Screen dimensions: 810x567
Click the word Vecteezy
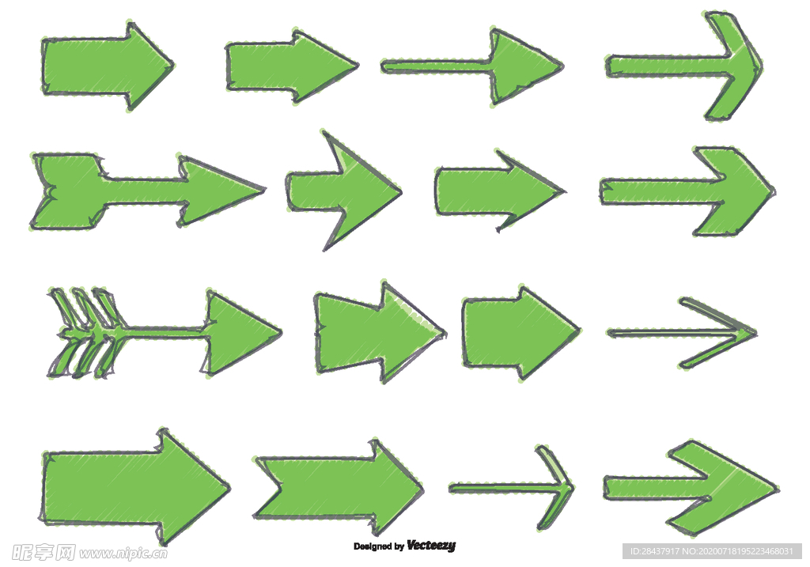click(x=431, y=546)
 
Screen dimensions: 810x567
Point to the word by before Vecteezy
click(x=399, y=546)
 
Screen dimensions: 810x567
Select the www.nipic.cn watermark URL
click(x=123, y=553)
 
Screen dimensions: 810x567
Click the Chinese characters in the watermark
click(x=44, y=552)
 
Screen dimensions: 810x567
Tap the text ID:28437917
click(x=655, y=551)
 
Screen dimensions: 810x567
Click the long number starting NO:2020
click(x=738, y=551)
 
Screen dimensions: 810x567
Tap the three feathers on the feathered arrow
click(x=87, y=333)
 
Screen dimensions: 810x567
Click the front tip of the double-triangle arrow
click(x=445, y=334)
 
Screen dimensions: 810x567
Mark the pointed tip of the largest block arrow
click(x=229, y=487)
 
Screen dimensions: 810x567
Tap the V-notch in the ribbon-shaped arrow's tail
click(x=282, y=486)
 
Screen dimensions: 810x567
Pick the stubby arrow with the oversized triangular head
click(x=343, y=191)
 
